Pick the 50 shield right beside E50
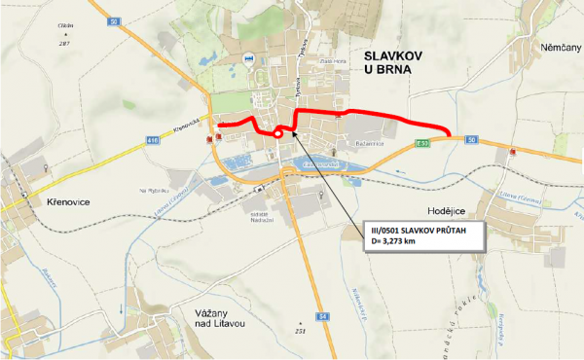[x=471, y=140]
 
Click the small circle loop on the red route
[x=278, y=133]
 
